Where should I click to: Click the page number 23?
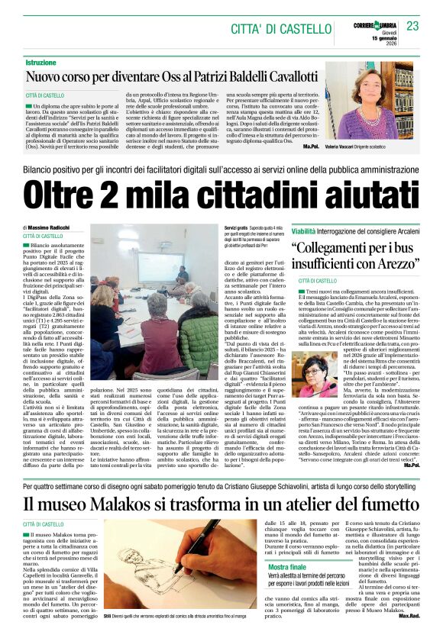(412, 27)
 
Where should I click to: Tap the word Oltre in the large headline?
(76, 193)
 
